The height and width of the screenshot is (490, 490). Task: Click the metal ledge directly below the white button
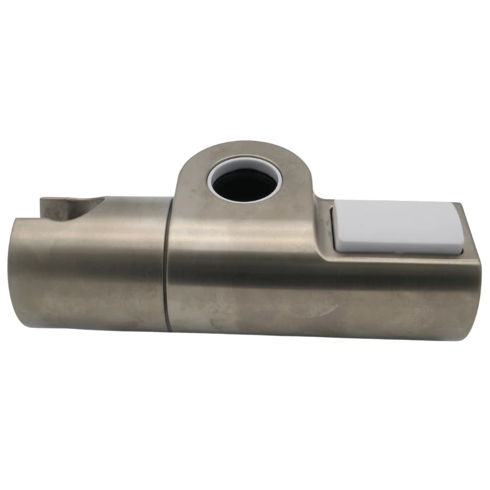coord(398,260)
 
